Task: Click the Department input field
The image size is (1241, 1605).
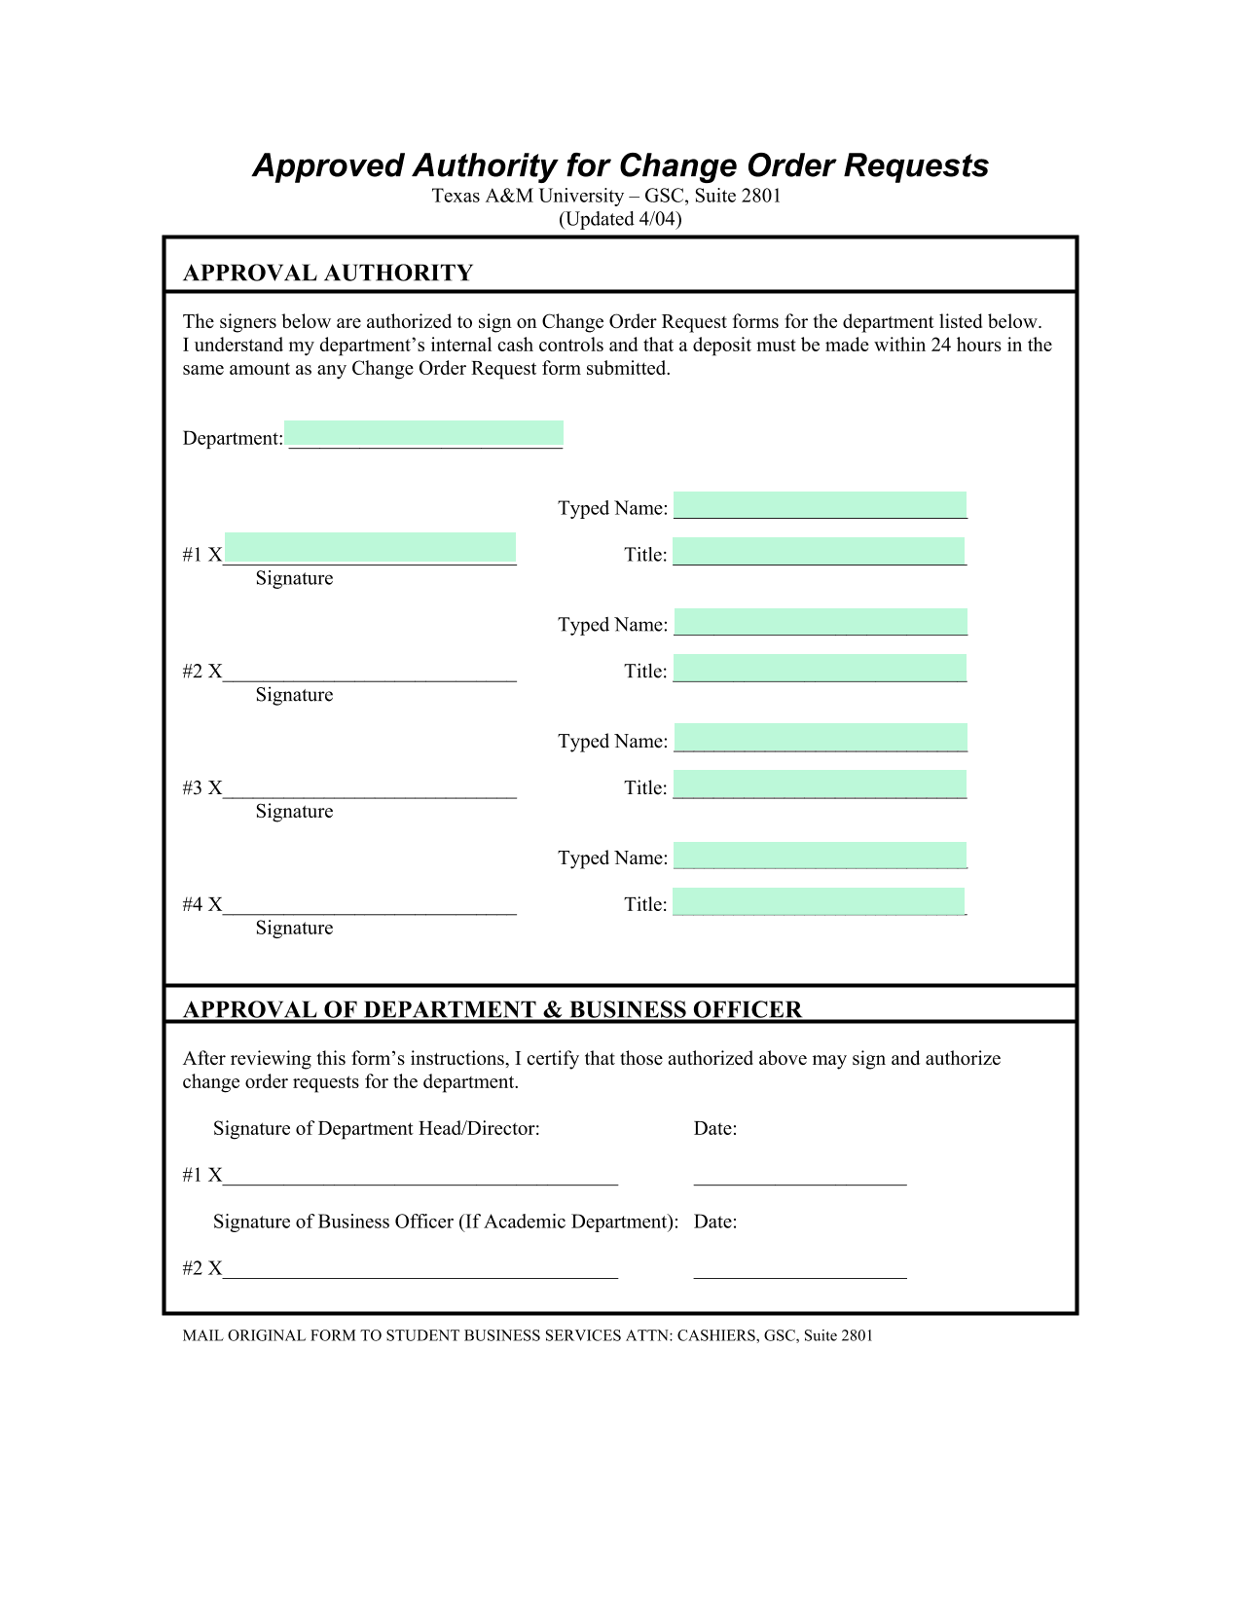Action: pos(424,435)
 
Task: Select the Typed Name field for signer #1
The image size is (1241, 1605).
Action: pos(820,505)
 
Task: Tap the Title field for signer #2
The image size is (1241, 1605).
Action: pos(820,669)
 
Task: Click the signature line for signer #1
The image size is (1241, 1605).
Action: pos(370,549)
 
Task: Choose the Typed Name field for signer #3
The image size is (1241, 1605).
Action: pos(820,738)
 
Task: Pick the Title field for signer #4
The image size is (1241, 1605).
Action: pos(819,901)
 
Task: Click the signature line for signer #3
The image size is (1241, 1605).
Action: pos(370,789)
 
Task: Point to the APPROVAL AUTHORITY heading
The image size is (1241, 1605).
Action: pos(328,274)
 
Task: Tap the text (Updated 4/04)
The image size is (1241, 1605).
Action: pos(620,219)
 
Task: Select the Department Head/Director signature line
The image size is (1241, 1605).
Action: pos(420,1177)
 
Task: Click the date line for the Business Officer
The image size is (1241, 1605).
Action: pos(800,1269)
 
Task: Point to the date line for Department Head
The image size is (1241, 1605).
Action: pos(800,1177)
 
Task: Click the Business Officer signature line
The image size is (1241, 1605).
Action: pos(420,1269)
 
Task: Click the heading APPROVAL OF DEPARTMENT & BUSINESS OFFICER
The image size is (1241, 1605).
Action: pos(493,1009)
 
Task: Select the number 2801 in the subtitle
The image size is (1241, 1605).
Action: pos(761,196)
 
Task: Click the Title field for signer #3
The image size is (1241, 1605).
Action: pos(820,784)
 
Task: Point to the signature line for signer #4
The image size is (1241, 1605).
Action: pos(370,906)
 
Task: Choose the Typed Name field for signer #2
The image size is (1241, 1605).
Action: pos(820,622)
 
